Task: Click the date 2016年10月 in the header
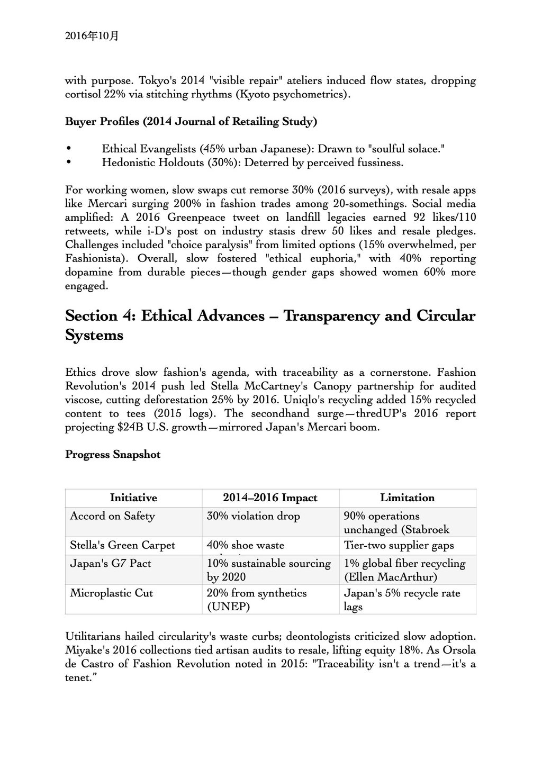[92, 36]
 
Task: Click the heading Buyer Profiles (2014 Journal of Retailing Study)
[191, 122]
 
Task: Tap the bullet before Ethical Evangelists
[68, 149]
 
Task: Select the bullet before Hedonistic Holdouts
[68, 163]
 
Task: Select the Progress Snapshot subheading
[113, 455]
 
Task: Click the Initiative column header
[133, 498]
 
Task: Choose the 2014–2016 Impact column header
[270, 498]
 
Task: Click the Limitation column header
[407, 498]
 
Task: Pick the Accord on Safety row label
[112, 516]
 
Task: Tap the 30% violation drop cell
[253, 516]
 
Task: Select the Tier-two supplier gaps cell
[399, 545]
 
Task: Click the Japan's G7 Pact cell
[110, 563]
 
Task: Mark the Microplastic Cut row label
[111, 593]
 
